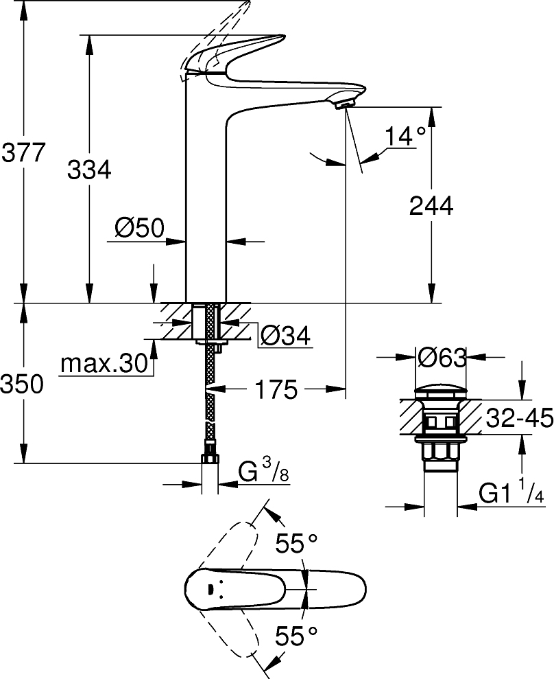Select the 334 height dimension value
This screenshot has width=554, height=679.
coord(88,169)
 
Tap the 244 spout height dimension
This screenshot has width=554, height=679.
coord(431,205)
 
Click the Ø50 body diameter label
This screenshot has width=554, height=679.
coord(139,228)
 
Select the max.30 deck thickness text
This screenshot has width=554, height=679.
coord(104,363)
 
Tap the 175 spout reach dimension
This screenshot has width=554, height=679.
coord(276,390)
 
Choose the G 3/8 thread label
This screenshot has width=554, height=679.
coord(263,474)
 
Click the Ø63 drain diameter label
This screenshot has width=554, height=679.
coord(442,357)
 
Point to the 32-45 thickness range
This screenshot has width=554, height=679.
coord(518,417)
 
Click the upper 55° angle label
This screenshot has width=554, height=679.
coord(296,544)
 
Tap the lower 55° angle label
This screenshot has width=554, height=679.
coord(296,636)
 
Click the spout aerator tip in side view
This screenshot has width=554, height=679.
coord(343,104)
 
